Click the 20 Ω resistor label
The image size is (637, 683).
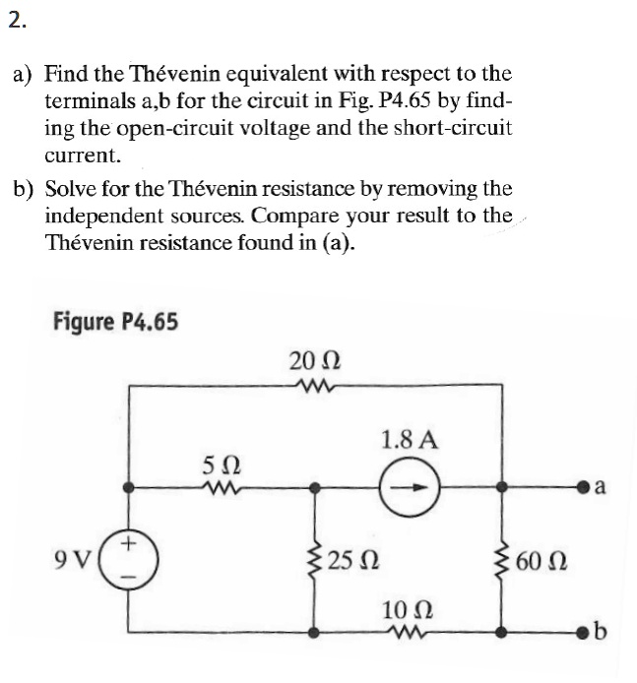[x=315, y=361]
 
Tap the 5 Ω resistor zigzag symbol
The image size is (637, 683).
[x=221, y=489]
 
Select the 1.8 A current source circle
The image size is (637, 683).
[x=409, y=488]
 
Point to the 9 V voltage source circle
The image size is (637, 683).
[x=128, y=560]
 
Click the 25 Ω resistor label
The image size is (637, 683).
[x=352, y=561]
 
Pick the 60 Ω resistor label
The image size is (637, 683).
[x=541, y=562]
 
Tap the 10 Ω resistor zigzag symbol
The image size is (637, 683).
[x=408, y=632]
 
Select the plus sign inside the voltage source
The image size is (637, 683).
[x=128, y=543]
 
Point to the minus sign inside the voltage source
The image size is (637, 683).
[x=128, y=578]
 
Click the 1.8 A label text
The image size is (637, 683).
[x=410, y=440]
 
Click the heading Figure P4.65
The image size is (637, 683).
[x=115, y=322]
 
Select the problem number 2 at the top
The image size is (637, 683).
[x=17, y=21]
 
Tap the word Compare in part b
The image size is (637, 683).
[x=295, y=216]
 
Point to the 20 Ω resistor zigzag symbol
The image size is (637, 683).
[x=315, y=385]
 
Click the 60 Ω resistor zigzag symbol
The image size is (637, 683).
[x=502, y=561]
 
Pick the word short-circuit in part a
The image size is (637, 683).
[x=453, y=128]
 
